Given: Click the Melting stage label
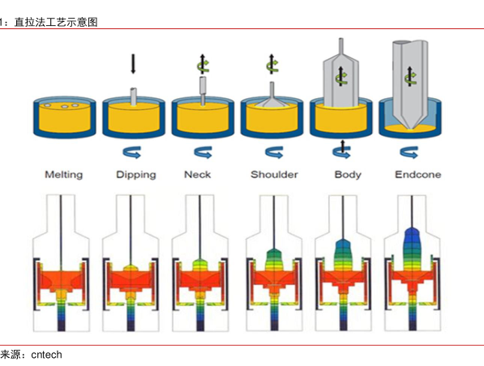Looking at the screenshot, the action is point(64,175).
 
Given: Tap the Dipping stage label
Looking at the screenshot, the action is point(136,175).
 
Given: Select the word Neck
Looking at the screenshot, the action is point(198,175).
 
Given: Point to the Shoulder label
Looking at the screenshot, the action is point(274,175).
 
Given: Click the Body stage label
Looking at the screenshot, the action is point(348,175).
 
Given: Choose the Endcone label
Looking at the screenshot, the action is point(418,175).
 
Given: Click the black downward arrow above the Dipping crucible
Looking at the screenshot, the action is point(133,64).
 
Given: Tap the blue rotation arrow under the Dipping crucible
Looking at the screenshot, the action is point(132,152).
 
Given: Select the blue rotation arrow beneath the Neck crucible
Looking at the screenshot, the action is point(203,152).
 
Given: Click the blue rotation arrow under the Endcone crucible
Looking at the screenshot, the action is point(409,152).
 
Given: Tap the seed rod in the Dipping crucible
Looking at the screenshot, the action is point(133,96).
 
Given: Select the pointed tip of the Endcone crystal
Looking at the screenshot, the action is point(410,130).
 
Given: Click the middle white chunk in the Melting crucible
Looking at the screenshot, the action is point(65,107).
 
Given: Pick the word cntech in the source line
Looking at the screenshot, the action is point(46,355).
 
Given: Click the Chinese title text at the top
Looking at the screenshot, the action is point(56,22).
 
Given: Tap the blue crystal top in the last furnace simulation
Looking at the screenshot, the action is point(411,234).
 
